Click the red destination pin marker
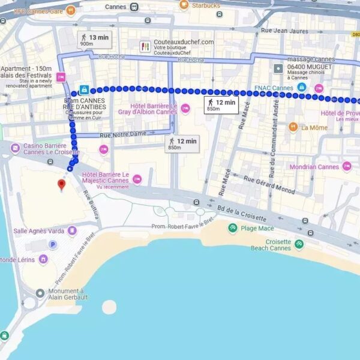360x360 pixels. coord(61,184)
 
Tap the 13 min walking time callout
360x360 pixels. coord(95,40)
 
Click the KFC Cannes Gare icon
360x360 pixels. coord(71,10)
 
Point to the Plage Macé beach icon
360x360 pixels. coord(232,227)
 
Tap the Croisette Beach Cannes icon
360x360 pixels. coord(299,244)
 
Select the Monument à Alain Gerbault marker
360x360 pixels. coord(40,293)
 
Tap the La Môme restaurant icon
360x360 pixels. coord(293,127)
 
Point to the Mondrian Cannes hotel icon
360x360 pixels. coord(347,166)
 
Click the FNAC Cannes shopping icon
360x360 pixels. coord(301,88)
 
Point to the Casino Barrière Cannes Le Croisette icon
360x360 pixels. coord(16,146)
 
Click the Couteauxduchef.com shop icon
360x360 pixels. coord(145,46)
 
